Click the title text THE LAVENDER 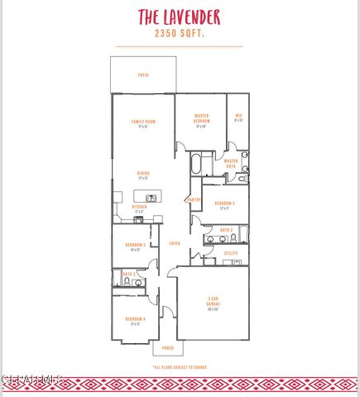tap(180, 17)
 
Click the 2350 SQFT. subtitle tap(180, 35)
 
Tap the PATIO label tap(143, 75)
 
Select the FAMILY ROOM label tap(143, 122)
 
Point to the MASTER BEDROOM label tap(201, 117)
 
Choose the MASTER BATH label tap(231, 163)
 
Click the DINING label tap(143, 173)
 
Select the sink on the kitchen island tap(151, 198)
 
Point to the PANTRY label tap(194, 199)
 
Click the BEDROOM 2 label tap(224, 203)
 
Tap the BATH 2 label tap(226, 230)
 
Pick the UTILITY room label tap(231, 252)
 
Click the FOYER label tap(175, 243)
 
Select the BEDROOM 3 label tap(135, 245)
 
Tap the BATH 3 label tap(129, 273)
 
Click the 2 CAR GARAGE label tap(213, 303)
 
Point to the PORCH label tap(168, 348)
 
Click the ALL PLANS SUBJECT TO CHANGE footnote tap(180, 366)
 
